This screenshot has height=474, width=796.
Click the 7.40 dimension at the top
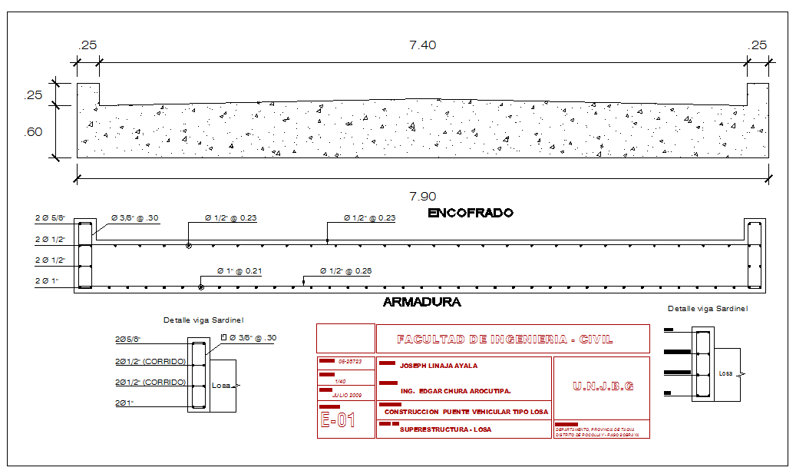tap(422, 45)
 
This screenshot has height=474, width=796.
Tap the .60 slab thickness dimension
tap(33, 131)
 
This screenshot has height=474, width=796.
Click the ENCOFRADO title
tap(470, 213)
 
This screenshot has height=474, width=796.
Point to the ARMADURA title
tap(421, 303)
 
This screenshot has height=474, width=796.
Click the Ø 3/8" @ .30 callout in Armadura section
tap(135, 218)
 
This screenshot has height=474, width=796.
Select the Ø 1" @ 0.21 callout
tap(239, 271)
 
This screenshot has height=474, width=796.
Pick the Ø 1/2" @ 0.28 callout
tap(347, 271)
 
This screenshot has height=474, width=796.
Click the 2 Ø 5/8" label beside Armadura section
tap(51, 218)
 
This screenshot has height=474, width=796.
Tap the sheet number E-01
tap(338, 420)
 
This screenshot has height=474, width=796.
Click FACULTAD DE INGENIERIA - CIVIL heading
tap(504, 339)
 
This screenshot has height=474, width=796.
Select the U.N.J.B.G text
tap(603, 386)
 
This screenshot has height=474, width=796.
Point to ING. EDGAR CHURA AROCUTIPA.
tap(455, 391)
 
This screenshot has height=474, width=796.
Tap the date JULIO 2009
tap(347, 395)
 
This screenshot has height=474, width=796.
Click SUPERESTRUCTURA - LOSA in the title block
tap(445, 429)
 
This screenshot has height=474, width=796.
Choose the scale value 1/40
tap(339, 380)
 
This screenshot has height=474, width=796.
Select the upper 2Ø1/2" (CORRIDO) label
tap(150, 360)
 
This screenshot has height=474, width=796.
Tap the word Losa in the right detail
tap(726, 373)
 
